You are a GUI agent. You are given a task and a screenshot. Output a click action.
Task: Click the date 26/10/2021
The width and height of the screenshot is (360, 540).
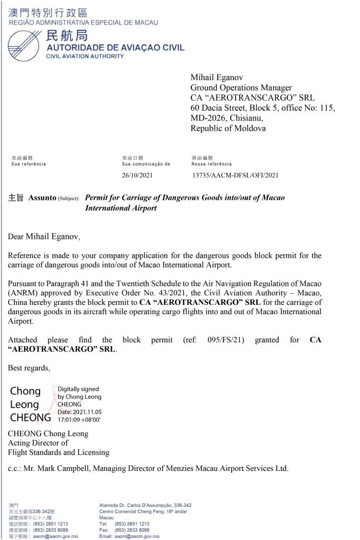pos(137,175)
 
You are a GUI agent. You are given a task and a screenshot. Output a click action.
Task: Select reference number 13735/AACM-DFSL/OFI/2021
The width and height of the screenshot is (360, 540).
pos(235,175)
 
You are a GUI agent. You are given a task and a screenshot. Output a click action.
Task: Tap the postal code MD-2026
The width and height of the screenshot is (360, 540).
pos(209,118)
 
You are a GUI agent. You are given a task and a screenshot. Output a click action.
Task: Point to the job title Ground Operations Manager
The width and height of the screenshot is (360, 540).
pos(241,88)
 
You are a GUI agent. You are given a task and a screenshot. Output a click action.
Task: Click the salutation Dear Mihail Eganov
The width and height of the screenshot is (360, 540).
pos(44,236)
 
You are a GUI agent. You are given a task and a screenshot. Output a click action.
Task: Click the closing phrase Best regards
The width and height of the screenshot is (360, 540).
pos(30,368)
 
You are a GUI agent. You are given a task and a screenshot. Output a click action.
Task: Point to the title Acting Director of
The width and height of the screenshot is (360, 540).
pos(38,443)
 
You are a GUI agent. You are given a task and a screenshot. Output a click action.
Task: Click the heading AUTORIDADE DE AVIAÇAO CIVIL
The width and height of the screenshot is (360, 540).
pos(115,48)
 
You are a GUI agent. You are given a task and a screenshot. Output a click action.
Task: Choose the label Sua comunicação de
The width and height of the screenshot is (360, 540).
pos(146,164)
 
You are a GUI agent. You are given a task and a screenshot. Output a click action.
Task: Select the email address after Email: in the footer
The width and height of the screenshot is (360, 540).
pos(137,536)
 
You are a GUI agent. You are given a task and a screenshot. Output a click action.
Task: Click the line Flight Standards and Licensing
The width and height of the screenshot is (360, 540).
pos(59,452)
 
